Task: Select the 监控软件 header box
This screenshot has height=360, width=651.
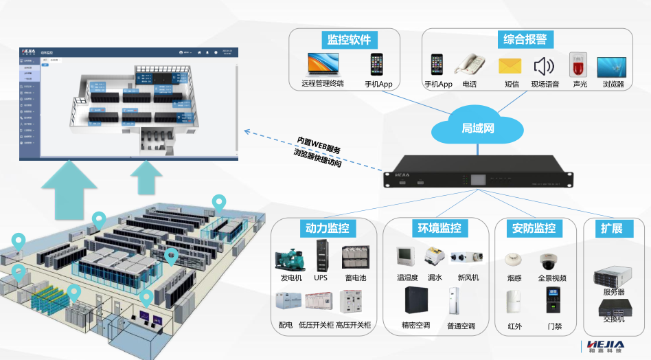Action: click(x=350, y=39)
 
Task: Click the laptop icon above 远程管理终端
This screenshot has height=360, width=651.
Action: click(x=322, y=64)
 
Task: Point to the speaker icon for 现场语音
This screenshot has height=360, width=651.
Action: click(x=544, y=66)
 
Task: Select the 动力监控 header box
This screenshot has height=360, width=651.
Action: click(x=327, y=228)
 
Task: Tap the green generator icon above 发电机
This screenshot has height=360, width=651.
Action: click(x=290, y=258)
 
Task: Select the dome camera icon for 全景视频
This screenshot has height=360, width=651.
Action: click(x=551, y=262)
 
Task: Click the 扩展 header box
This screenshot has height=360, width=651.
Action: click(x=611, y=228)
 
